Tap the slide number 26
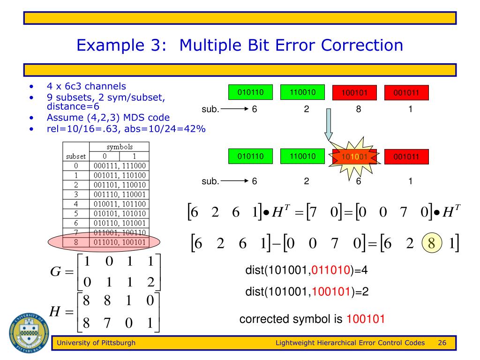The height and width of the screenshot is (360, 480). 442,343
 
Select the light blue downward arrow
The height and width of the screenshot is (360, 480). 329,124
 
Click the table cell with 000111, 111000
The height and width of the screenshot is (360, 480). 119,166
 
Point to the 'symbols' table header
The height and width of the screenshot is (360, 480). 119,147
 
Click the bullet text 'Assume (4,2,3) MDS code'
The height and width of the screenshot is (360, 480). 108,117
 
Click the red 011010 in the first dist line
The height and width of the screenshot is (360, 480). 334,271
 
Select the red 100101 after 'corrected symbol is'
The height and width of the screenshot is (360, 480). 366,320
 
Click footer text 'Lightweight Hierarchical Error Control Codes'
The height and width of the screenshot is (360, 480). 350,343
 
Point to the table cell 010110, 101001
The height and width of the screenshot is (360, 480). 119,217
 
